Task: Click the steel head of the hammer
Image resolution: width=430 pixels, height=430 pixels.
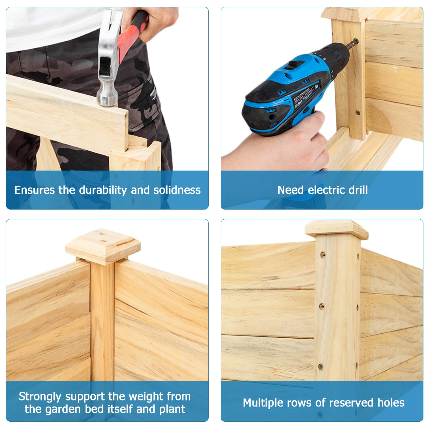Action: [x=108, y=57]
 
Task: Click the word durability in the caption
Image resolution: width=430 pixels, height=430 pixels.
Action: [x=103, y=190]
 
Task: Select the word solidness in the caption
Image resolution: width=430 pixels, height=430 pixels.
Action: [x=177, y=190]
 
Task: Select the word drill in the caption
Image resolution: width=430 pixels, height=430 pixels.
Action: [x=358, y=190]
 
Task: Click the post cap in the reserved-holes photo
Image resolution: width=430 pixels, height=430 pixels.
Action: [x=337, y=229]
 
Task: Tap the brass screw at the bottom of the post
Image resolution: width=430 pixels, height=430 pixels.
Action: [x=320, y=366]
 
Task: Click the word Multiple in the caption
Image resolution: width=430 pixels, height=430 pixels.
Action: [x=264, y=403]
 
